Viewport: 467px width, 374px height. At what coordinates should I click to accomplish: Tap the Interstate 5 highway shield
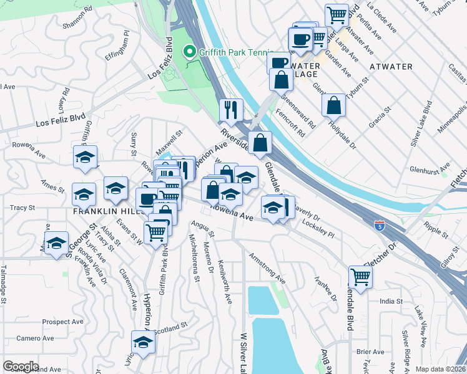point(379,225)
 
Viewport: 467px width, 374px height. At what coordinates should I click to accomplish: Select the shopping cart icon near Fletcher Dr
point(360,276)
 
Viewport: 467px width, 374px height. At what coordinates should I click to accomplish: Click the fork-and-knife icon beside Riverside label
point(231,110)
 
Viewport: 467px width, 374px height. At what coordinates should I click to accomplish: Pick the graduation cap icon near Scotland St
point(143,343)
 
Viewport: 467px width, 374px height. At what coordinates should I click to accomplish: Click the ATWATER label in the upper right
point(391,67)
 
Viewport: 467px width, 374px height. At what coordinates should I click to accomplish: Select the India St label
point(391,301)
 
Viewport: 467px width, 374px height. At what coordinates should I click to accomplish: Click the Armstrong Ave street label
point(267,267)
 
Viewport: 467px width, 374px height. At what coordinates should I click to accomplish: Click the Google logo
point(21,367)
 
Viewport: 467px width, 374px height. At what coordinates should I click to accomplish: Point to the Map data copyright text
point(440,368)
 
